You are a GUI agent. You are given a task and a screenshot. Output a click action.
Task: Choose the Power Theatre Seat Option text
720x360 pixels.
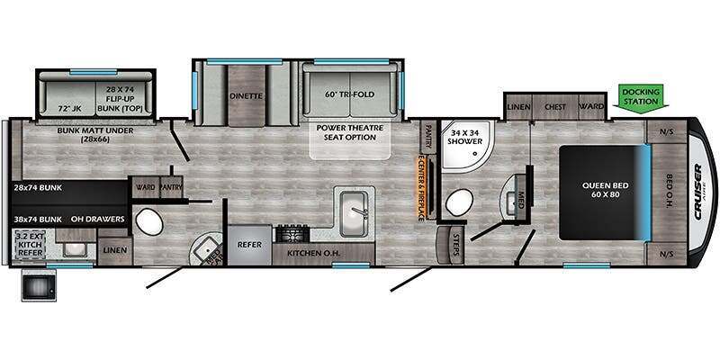pos(349,133)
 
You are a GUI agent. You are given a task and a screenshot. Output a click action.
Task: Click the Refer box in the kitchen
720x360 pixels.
pos(248,243)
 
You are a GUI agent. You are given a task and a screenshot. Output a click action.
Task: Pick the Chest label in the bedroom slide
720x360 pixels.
pos(555,107)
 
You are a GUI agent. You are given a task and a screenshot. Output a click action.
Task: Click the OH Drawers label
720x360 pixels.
pos(95,219)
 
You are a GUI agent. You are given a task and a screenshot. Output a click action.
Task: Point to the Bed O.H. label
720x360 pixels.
pos(673,189)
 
